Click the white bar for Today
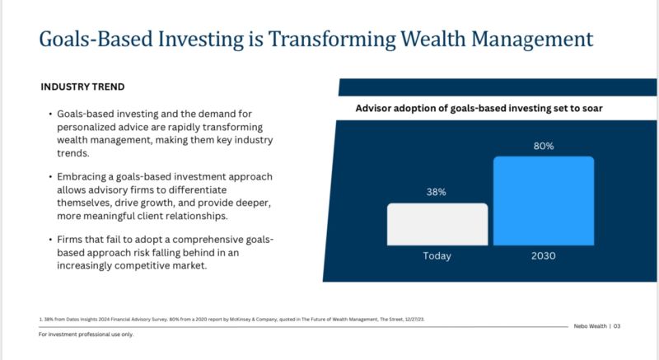tap(437, 224)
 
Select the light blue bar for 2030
tap(544, 201)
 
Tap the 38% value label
tap(437, 192)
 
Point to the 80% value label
tap(544, 146)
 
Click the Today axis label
tap(437, 256)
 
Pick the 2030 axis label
tap(544, 256)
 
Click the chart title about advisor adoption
tap(479, 109)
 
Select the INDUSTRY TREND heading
tap(82, 87)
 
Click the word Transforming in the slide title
tap(332, 39)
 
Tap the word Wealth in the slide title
tap(433, 39)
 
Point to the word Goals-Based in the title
tap(96, 39)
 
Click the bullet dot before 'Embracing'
tap(50, 177)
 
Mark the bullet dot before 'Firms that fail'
tap(50, 240)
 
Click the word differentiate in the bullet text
tap(198, 189)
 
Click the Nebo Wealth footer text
tap(590, 326)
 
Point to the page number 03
tap(616, 326)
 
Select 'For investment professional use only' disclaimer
tap(86, 334)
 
